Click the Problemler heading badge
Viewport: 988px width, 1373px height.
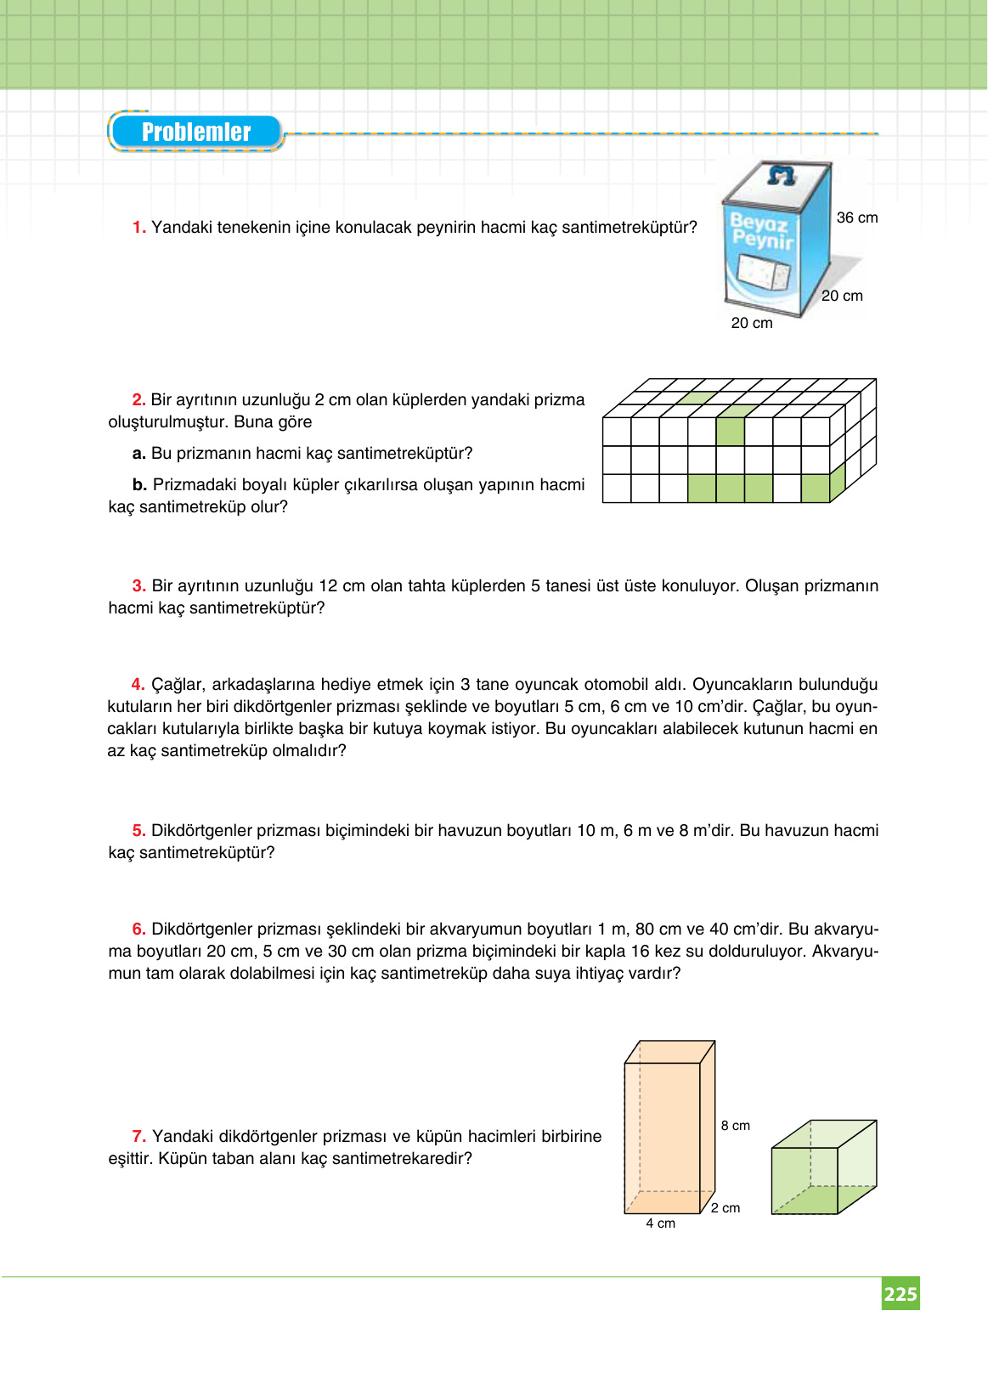pos(196,133)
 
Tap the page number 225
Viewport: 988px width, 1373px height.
pos(900,1294)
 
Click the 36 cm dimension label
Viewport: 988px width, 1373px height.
pos(856,218)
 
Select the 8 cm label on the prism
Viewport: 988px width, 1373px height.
pos(735,1126)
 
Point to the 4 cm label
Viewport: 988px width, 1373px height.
pos(660,1223)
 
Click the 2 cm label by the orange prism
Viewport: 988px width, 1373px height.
pos(725,1208)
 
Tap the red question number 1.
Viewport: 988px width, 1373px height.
pos(138,228)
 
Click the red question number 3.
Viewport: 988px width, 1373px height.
pos(138,585)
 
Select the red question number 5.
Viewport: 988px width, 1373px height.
pos(138,830)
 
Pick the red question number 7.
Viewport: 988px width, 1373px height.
pos(138,1136)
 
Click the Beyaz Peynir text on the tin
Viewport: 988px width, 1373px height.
pos(761,232)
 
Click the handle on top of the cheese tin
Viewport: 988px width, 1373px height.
pos(781,175)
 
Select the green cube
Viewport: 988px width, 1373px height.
pos(822,1168)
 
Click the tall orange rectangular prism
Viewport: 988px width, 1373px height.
pos(665,1130)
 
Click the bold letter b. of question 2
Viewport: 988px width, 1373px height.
pos(139,485)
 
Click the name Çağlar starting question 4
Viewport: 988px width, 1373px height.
pos(177,684)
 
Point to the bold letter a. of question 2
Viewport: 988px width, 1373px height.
pos(139,454)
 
